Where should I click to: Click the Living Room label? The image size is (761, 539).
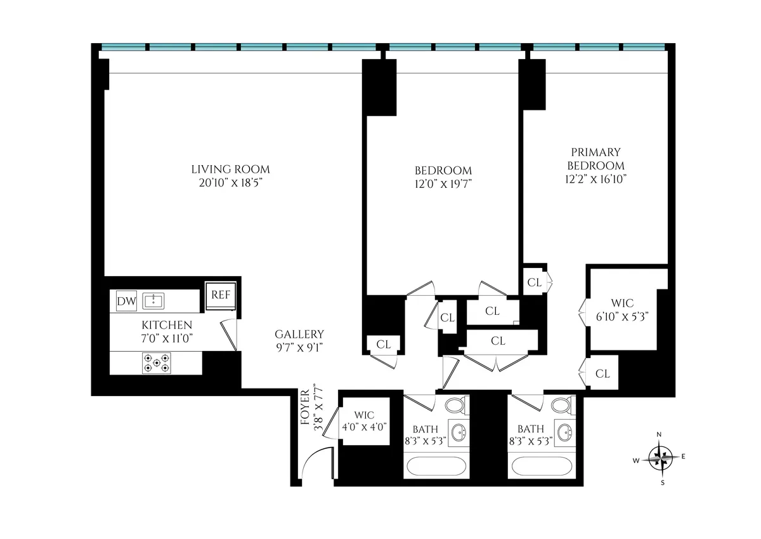230,170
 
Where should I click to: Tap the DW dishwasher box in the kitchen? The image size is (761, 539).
126,302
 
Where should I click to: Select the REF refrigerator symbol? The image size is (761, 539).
221,296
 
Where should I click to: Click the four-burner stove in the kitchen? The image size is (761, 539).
156,363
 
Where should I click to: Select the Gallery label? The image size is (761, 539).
299,334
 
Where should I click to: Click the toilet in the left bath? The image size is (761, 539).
455,405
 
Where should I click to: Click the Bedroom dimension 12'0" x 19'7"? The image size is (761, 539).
443,184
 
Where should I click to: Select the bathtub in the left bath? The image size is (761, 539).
436,467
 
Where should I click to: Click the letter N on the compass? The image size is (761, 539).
660,435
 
